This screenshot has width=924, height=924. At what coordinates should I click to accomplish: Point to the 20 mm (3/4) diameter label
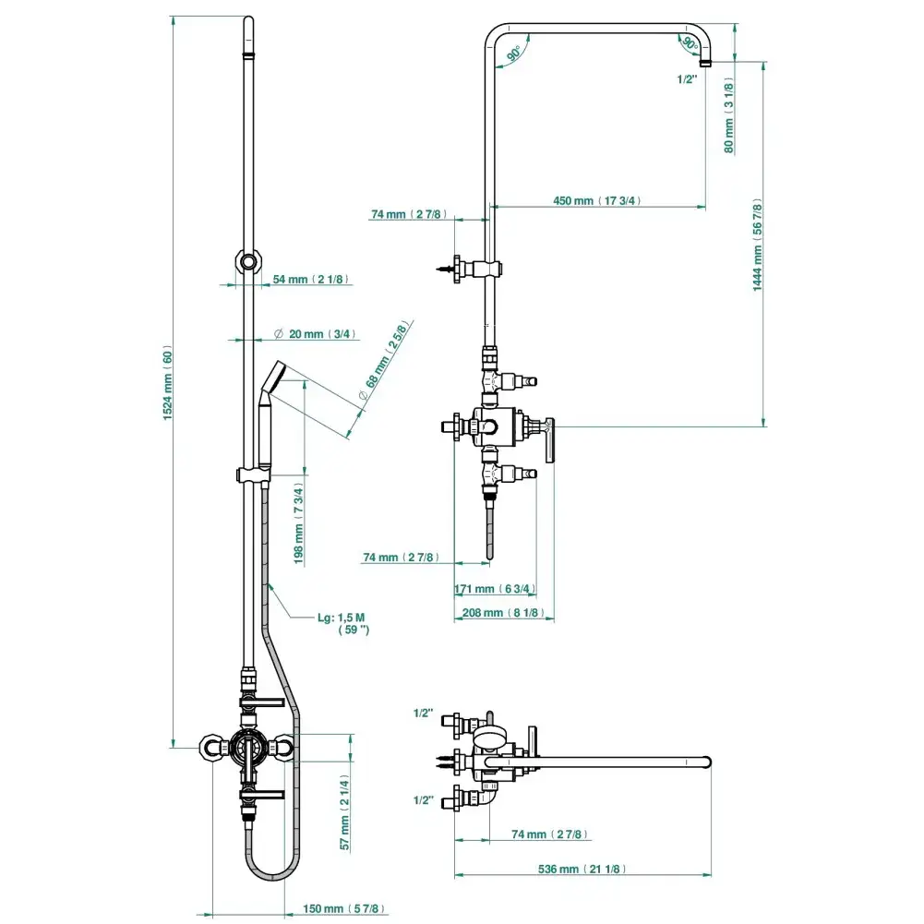click(316, 334)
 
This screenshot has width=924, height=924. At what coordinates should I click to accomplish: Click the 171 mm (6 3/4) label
click(495, 588)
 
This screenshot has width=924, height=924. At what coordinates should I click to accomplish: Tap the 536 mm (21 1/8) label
click(583, 870)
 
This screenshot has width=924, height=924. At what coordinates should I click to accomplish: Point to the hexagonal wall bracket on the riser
click(248, 260)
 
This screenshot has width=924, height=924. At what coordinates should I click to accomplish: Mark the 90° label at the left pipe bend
click(513, 54)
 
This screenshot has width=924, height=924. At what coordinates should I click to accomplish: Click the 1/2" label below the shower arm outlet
click(687, 79)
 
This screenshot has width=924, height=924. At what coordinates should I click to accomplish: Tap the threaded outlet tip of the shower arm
click(705, 63)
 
